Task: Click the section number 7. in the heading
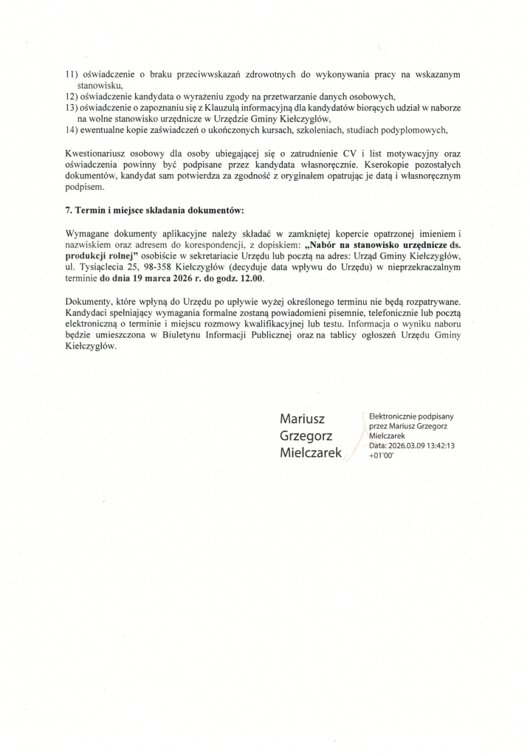point(69,210)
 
